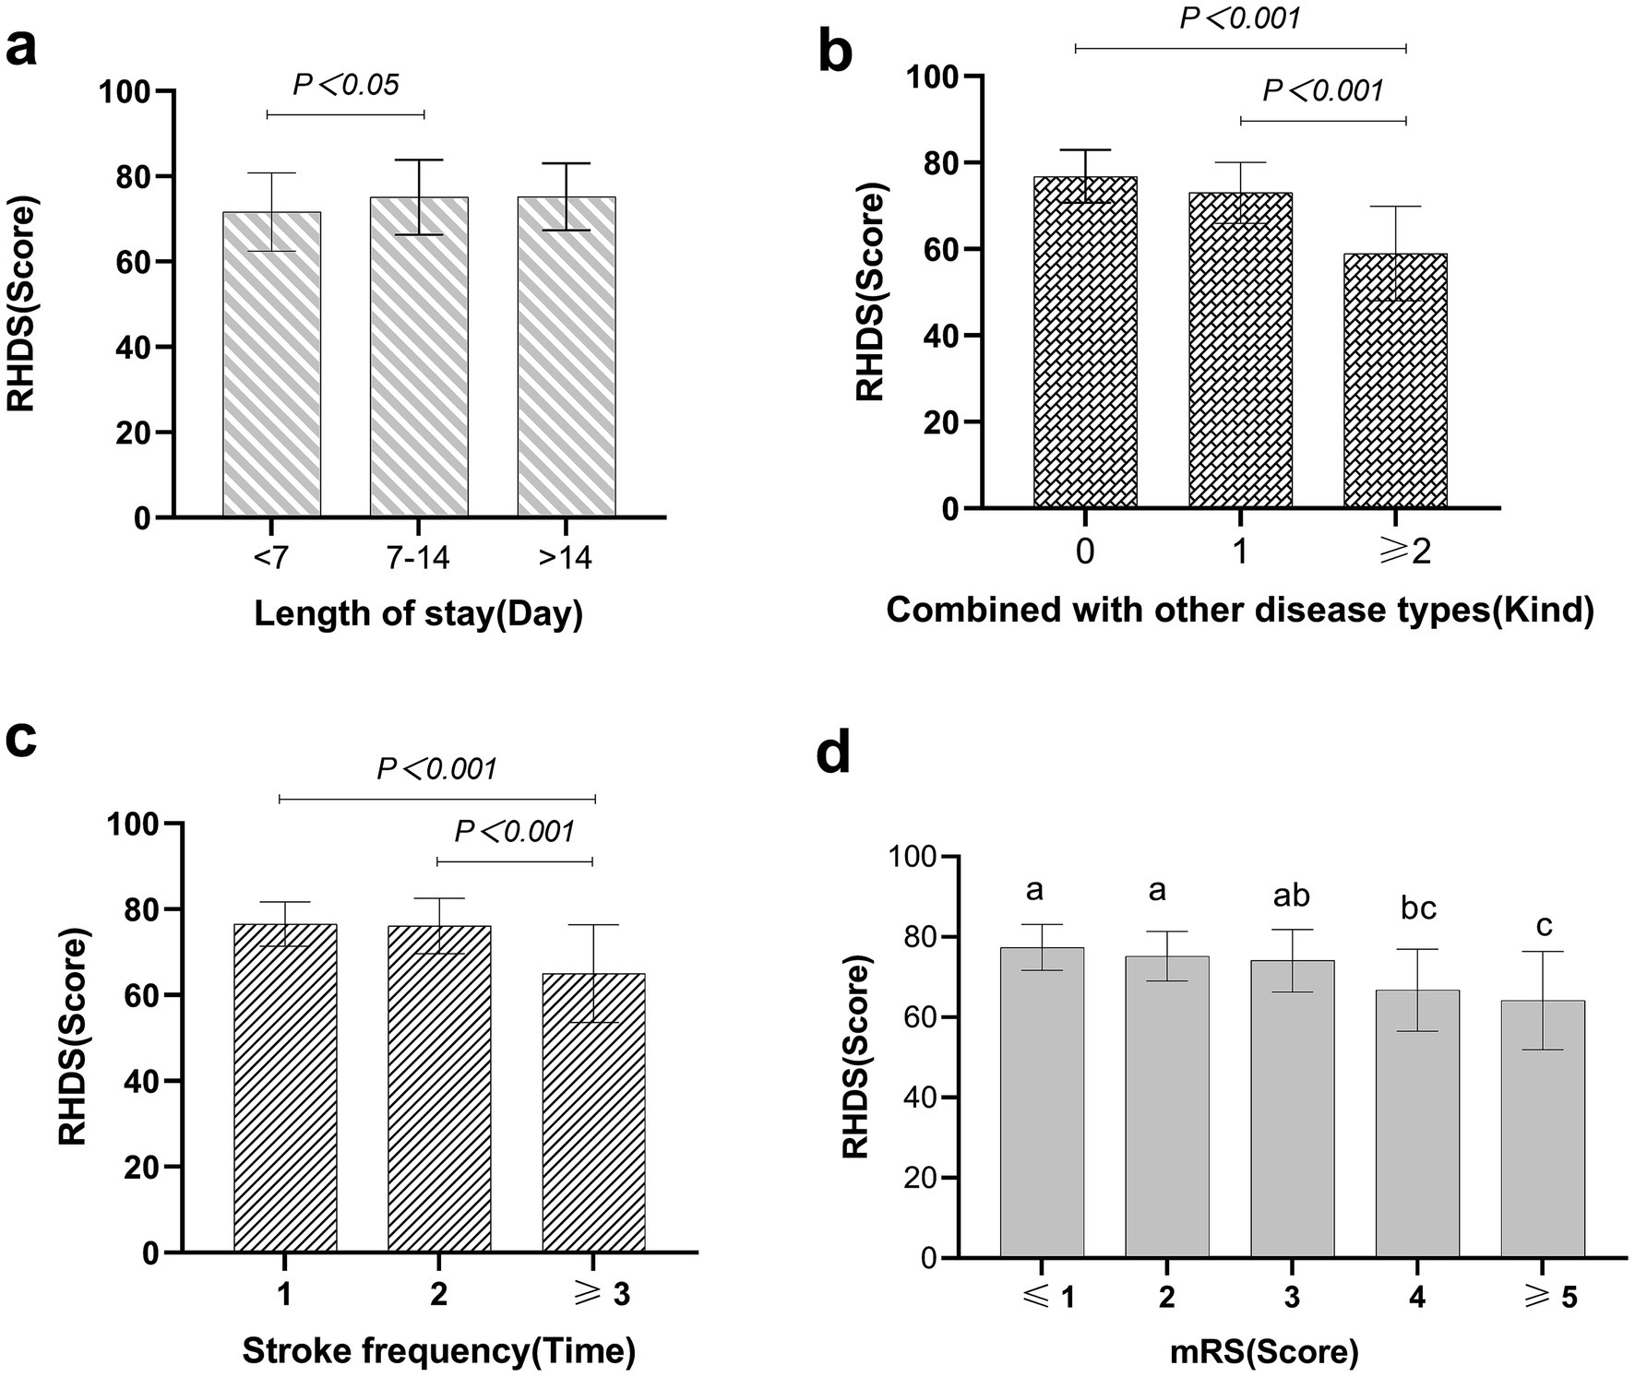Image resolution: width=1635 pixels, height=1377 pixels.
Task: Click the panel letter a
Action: pyautogui.click(x=22, y=48)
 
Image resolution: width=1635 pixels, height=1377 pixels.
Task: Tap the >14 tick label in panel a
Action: pyautogui.click(x=566, y=558)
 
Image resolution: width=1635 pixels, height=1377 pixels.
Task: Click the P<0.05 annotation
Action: pyautogui.click(x=346, y=85)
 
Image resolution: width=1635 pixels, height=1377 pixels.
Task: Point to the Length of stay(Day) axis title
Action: pyautogui.click(x=418, y=614)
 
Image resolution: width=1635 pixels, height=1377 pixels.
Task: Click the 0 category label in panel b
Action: pyautogui.click(x=1085, y=552)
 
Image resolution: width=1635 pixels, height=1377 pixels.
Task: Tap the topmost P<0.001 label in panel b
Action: pyautogui.click(x=1240, y=18)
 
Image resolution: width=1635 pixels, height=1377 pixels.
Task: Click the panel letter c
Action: pyautogui.click(x=22, y=740)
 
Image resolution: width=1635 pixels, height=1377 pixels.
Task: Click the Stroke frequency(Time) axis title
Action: pyautogui.click(x=439, y=1351)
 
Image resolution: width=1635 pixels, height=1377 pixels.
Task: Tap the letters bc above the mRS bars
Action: pyautogui.click(x=1418, y=908)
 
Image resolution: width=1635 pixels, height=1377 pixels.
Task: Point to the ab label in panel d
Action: pyautogui.click(x=1291, y=896)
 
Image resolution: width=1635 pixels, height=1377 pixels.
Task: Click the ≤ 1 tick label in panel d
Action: pyautogui.click(x=1041, y=1298)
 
